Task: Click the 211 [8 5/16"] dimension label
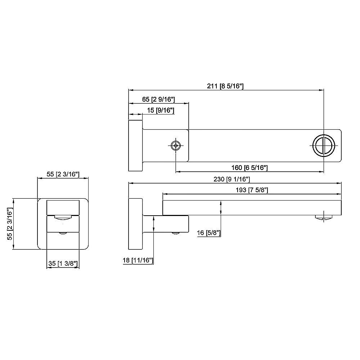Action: [225, 86]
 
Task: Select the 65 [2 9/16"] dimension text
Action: [158, 99]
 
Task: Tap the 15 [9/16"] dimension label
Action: [161, 111]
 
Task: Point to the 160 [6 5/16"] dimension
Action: [249, 168]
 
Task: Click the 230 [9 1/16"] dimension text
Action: [231, 179]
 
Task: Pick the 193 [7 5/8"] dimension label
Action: [252, 190]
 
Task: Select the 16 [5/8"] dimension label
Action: [209, 233]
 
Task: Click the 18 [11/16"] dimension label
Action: [138, 260]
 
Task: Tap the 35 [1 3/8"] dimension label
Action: [63, 264]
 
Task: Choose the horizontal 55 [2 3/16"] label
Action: [63, 174]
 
